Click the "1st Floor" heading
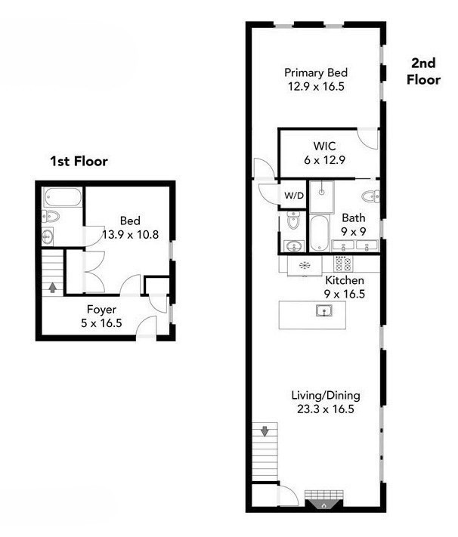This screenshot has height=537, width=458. coord(79,161)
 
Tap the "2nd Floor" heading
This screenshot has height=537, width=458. coord(424,70)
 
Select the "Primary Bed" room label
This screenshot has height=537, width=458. coord(315,73)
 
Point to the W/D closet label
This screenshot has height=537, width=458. coord(293,195)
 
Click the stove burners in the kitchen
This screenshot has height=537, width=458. coord(343,264)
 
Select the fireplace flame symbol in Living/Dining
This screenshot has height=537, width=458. coord(323,506)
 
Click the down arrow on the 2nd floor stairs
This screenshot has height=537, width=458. coord(265,432)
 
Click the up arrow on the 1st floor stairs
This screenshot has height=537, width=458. coord(51,287)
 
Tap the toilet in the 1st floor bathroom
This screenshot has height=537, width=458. coord(51,218)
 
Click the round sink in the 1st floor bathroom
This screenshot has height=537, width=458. coord(48,237)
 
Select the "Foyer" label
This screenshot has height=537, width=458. coord(101,309)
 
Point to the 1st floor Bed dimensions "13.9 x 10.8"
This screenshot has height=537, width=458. coord(130,235)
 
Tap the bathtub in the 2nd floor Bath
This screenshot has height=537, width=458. coord(319,233)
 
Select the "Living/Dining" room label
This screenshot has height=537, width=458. coord(326,396)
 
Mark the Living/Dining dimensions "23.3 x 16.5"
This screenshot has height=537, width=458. coord(326,409)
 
